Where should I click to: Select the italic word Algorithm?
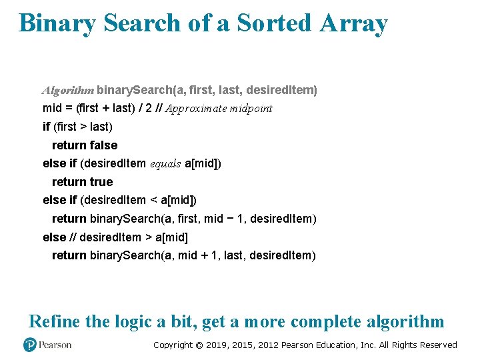click(x=69, y=90)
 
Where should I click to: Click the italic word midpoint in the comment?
click(x=249, y=108)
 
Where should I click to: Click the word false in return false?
click(x=103, y=145)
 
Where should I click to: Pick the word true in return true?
click(x=101, y=182)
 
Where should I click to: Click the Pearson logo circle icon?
click(x=30, y=345)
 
